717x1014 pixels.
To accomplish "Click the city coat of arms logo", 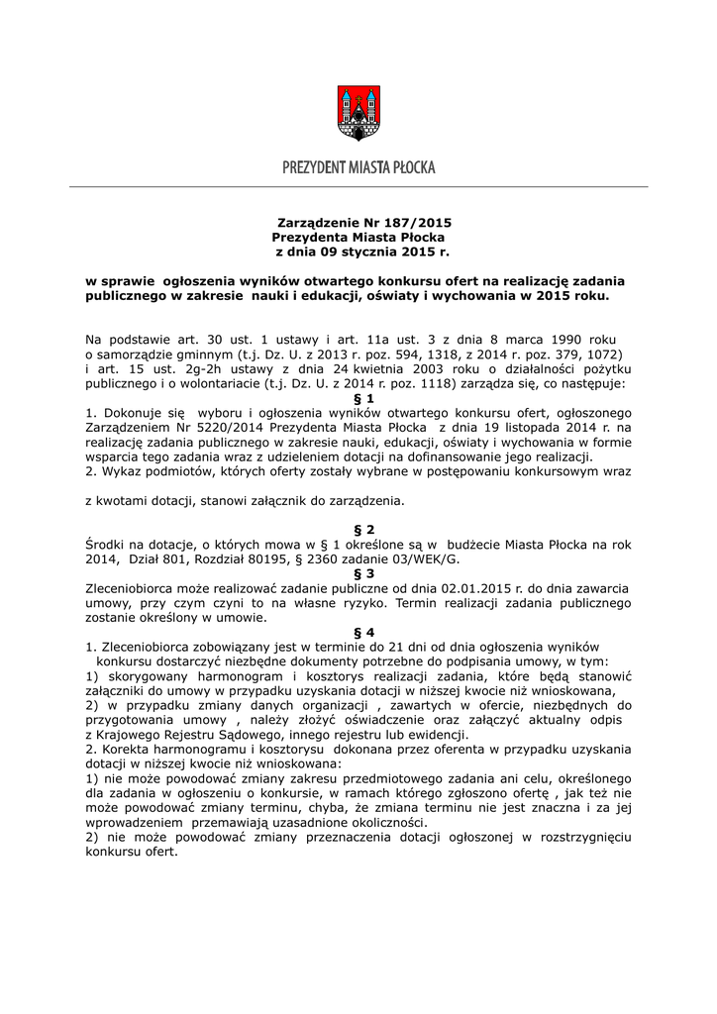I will click(x=358, y=112).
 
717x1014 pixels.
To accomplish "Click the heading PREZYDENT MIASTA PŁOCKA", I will click(x=358, y=167).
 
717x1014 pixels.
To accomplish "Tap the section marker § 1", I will click(x=358, y=396).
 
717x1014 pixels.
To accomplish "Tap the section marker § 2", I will click(x=358, y=530).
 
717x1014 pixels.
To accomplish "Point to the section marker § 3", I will click(x=358, y=572).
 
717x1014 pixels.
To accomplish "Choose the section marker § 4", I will click(x=358, y=631).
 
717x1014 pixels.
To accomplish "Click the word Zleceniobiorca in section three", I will click(x=135, y=587).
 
